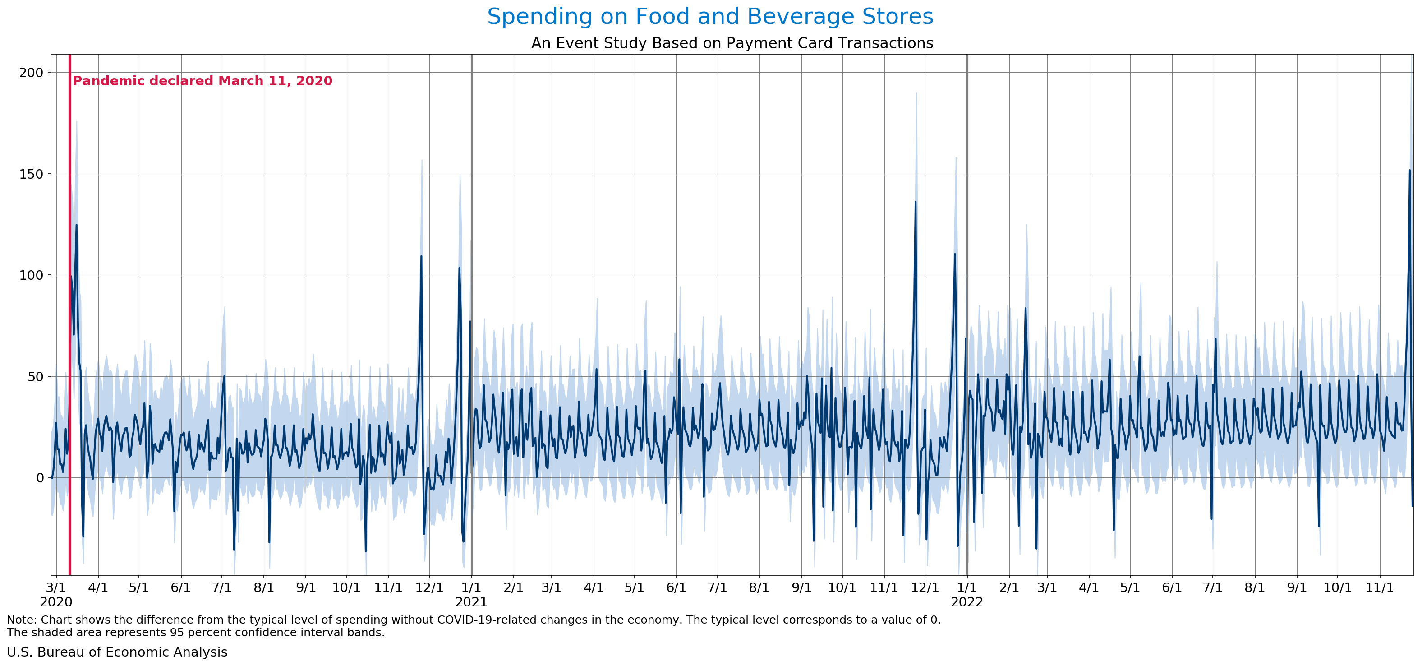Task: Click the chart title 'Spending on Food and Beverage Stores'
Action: pyautogui.click(x=710, y=17)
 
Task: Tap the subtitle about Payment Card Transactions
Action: pyautogui.click(x=732, y=43)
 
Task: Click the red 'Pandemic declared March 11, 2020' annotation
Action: pyautogui.click(x=202, y=81)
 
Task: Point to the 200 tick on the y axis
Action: pyautogui.click(x=31, y=72)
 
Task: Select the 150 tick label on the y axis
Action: pyautogui.click(x=31, y=174)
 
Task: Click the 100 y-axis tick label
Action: pyautogui.click(x=31, y=275)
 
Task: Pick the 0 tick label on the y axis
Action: pyautogui.click(x=40, y=478)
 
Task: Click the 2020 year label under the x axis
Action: pyautogui.click(x=56, y=602)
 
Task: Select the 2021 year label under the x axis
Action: pyautogui.click(x=471, y=602)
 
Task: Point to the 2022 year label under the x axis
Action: pyautogui.click(x=966, y=602)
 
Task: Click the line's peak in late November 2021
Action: pyautogui.click(x=915, y=202)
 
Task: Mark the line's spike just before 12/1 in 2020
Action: pyautogui.click(x=421, y=256)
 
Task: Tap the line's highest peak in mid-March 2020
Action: pyautogui.click(x=76, y=225)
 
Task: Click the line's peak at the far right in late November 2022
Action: pyautogui.click(x=1409, y=171)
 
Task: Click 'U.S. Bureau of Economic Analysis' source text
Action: pyautogui.click(x=117, y=652)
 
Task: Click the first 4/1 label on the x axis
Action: pyautogui.click(x=98, y=587)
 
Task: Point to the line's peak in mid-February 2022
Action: pyautogui.click(x=1025, y=308)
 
